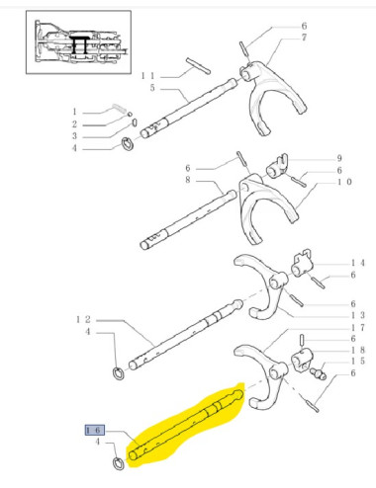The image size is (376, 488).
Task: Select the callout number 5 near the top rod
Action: pyautogui.click(x=152, y=88)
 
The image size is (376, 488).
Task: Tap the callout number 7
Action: pyautogui.click(x=305, y=37)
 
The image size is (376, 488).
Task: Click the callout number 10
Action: pyautogui.click(x=343, y=183)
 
